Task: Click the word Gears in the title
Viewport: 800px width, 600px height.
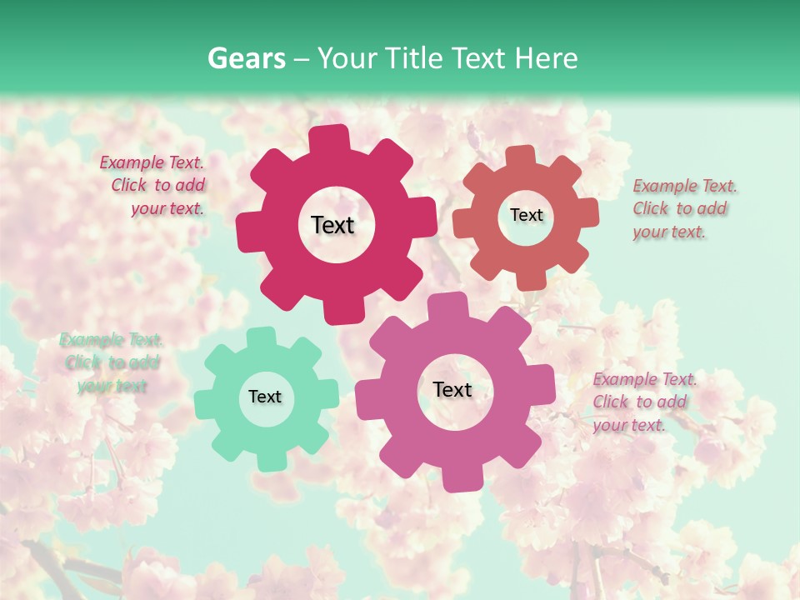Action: coord(246,58)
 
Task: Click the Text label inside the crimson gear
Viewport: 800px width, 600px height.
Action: coord(332,225)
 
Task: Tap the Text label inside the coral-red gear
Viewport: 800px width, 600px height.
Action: coord(526,215)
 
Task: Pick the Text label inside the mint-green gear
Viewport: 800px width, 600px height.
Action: coord(265,397)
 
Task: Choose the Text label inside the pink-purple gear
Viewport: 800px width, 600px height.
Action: coord(452,389)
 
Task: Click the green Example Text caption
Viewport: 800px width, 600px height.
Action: coord(111,362)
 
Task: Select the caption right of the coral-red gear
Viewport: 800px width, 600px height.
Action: coord(680,208)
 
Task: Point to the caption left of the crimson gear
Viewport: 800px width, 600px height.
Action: coord(155,185)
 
